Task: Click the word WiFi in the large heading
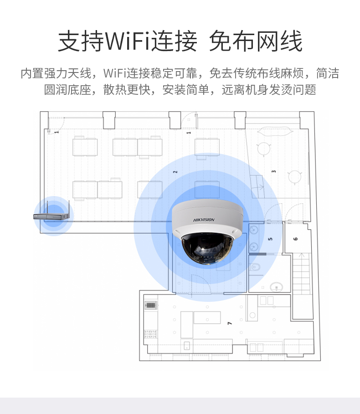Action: [x=128, y=41]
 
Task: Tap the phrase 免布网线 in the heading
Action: [x=256, y=41]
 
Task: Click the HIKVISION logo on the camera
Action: [x=204, y=220]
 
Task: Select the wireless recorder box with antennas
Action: [x=51, y=215]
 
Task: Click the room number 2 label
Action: [x=175, y=172]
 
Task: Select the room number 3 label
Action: [x=274, y=171]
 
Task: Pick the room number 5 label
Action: [x=270, y=239]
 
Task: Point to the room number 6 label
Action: [x=296, y=238]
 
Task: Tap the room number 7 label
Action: [x=230, y=323]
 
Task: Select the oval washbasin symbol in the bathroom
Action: [x=276, y=287]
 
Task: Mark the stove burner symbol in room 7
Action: [x=150, y=334]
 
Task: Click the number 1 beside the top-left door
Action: [x=57, y=131]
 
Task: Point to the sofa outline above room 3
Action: [x=274, y=131]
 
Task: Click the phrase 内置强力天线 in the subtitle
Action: [x=56, y=73]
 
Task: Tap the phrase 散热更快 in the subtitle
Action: [x=126, y=89]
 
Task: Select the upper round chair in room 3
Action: [x=264, y=149]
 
